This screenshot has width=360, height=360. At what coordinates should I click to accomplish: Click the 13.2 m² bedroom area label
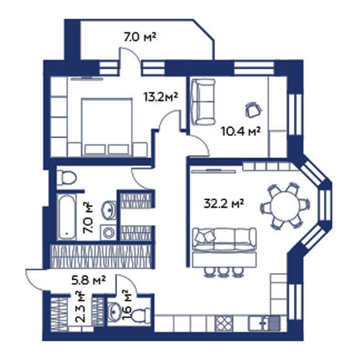pos(161,97)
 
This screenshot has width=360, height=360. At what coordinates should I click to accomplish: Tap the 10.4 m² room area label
pos(241,131)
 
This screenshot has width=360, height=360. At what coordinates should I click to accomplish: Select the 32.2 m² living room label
pos(223,203)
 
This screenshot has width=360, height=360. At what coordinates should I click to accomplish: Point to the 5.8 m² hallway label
pos(88,280)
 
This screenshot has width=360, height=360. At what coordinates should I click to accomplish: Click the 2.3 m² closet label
pos(81,307)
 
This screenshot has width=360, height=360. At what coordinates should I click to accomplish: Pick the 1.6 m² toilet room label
pos(126,305)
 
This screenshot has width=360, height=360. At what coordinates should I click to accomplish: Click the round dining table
pos(285,206)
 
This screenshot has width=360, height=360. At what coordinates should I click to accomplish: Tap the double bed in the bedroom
pos(106,127)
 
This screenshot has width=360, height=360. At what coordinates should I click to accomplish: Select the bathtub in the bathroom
pos(67,217)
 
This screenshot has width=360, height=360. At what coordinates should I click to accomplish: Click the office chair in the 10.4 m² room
pos(253,109)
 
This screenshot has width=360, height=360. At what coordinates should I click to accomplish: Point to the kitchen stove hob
pos(224,323)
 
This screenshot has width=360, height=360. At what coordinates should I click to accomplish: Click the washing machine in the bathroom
pos(109,233)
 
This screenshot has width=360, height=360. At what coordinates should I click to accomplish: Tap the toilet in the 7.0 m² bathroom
pos(67,178)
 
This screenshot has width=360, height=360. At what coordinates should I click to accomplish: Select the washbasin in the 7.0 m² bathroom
pos(109,210)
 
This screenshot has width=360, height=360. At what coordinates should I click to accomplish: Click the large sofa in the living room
pos(225,239)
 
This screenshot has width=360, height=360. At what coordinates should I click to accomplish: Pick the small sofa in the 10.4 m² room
pos(203,102)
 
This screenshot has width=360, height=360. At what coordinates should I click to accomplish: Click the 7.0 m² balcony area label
pos(140,37)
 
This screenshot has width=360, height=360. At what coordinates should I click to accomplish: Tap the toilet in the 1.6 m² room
pos(141,315)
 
